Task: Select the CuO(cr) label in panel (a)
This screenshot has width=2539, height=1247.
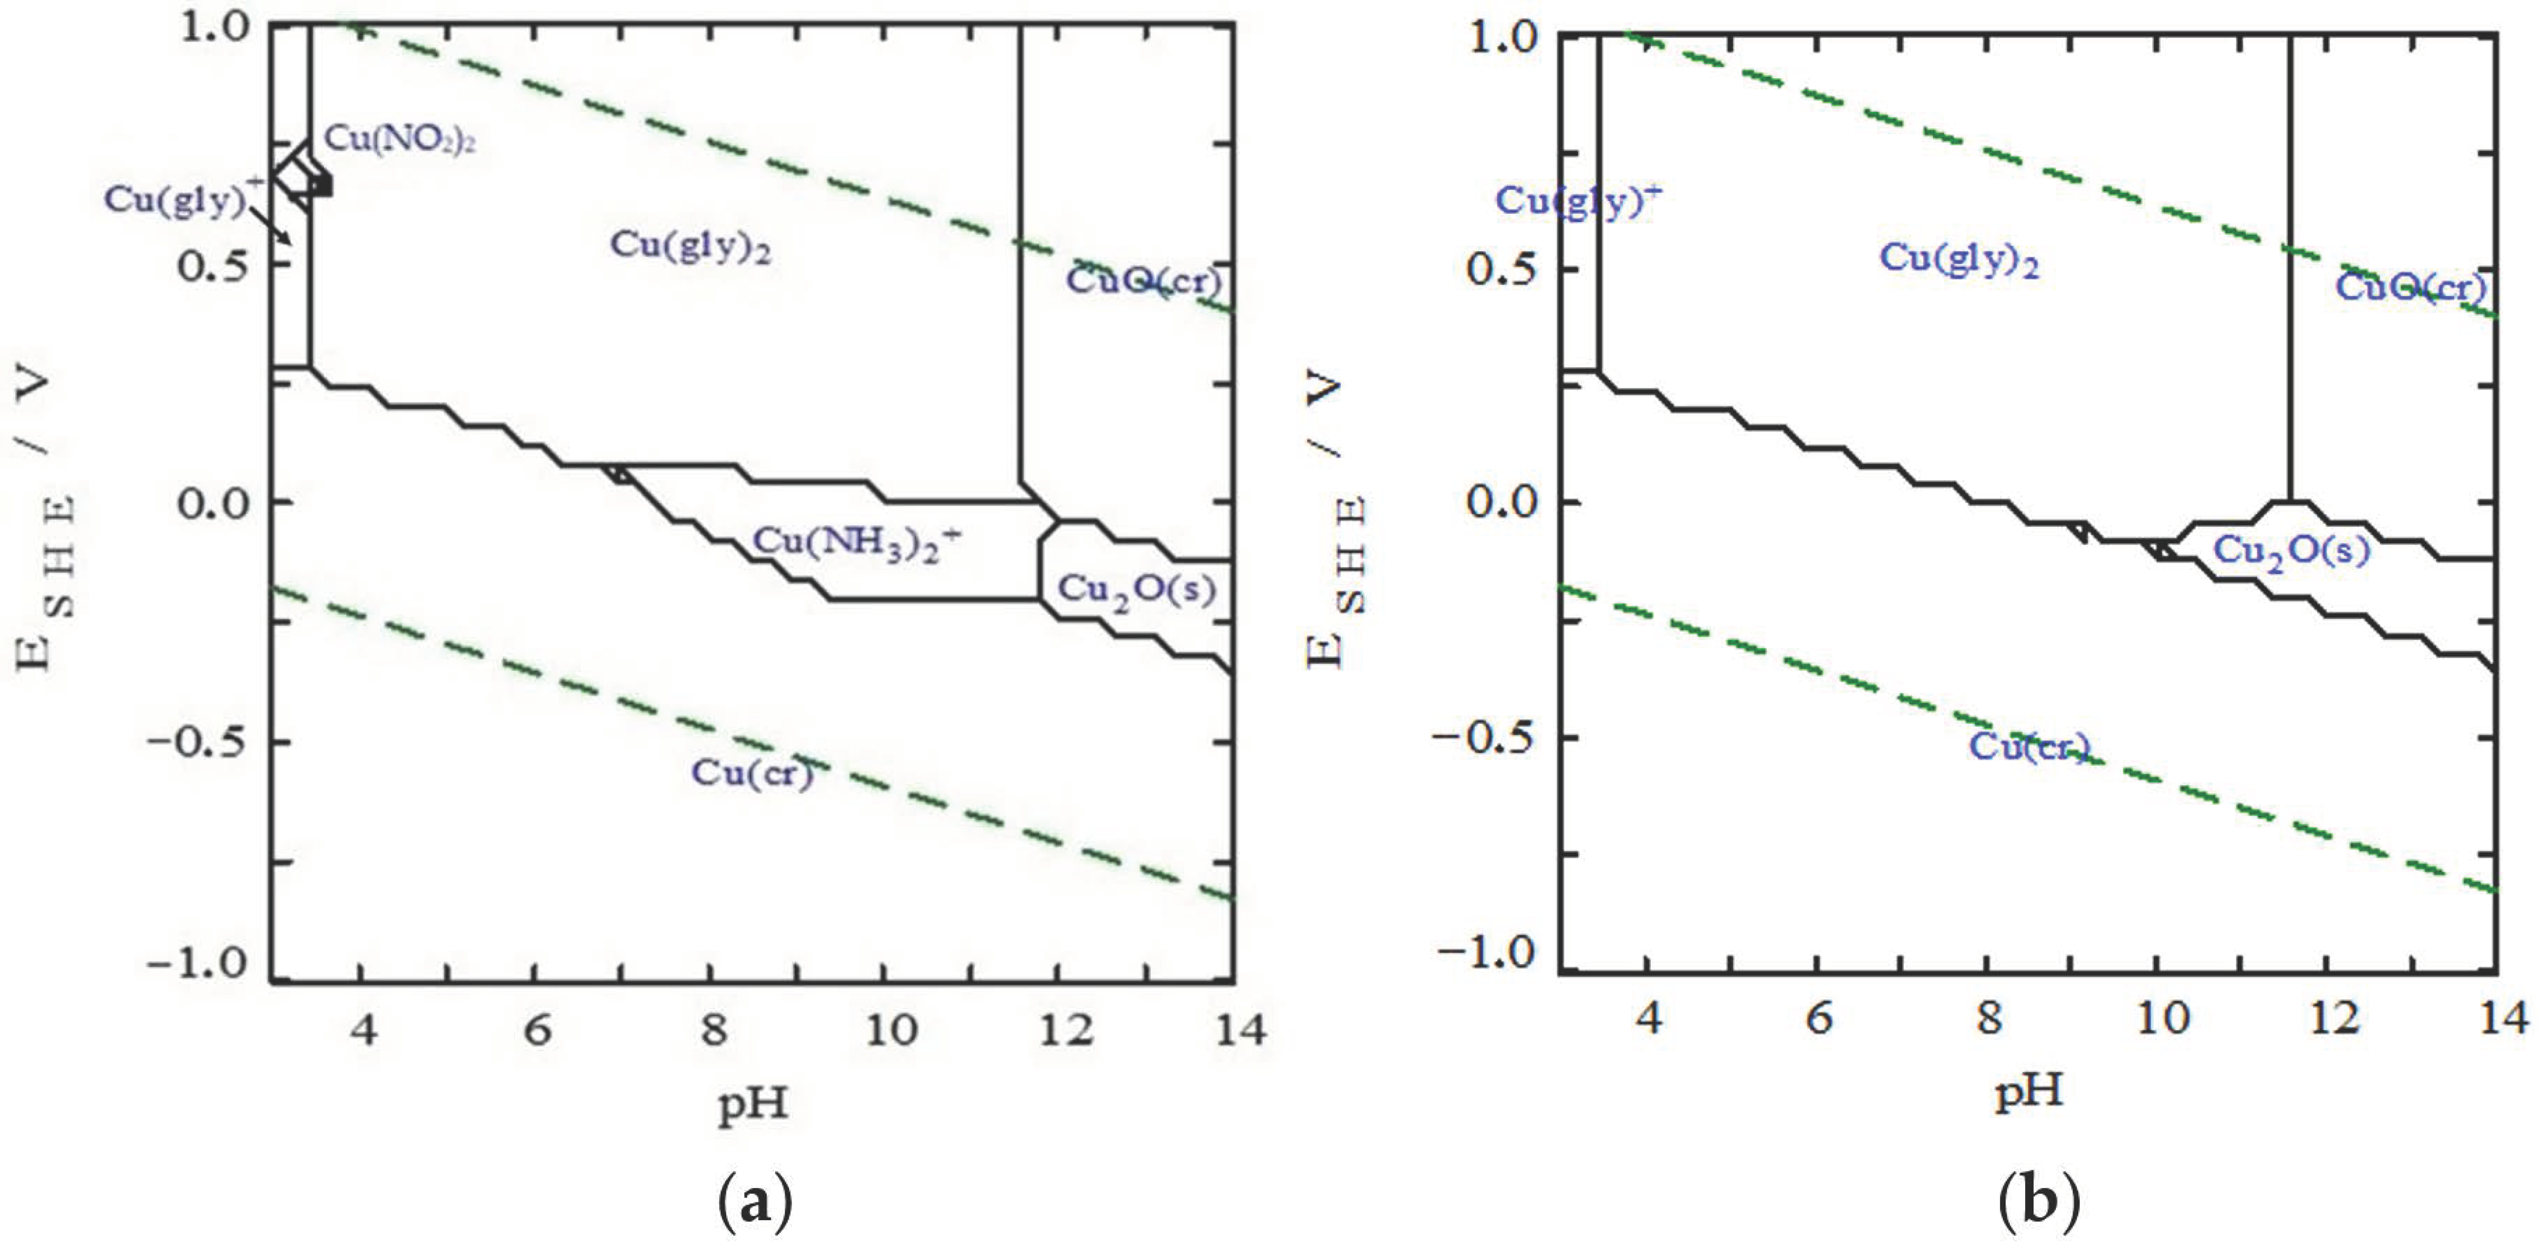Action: point(1143,281)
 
